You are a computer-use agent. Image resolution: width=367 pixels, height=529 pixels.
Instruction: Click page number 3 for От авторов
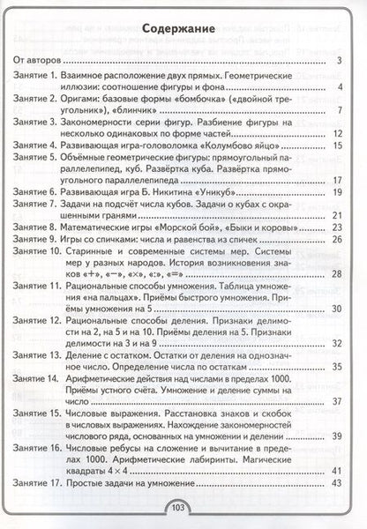tap(340, 61)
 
